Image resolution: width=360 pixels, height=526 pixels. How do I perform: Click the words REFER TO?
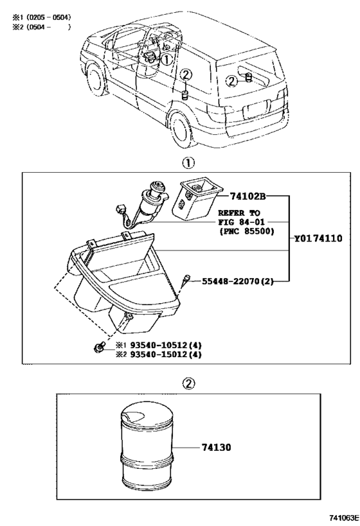tap(239, 211)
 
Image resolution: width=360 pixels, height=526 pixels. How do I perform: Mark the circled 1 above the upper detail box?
tap(189, 162)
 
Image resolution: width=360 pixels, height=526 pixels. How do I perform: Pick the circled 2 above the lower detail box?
tap(189, 383)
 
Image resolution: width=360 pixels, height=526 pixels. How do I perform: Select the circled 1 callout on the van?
tap(166, 60)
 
